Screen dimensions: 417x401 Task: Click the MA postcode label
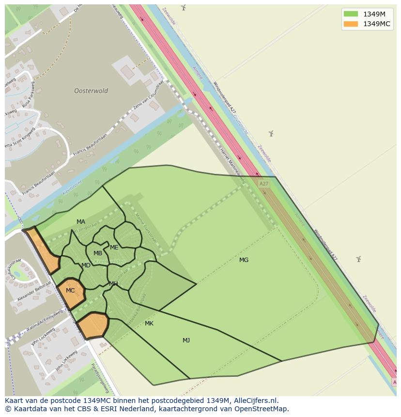click(x=80, y=222)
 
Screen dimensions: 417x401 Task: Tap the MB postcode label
click(x=98, y=253)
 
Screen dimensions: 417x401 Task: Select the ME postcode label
click(x=114, y=247)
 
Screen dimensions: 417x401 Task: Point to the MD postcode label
click(x=86, y=265)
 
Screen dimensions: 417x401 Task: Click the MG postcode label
click(x=244, y=260)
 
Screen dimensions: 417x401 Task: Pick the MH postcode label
click(x=113, y=284)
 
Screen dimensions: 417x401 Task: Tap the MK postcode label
click(x=149, y=323)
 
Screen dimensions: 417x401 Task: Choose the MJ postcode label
click(x=186, y=340)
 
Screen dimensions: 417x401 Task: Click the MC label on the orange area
click(x=70, y=291)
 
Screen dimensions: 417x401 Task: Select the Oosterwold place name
click(x=91, y=91)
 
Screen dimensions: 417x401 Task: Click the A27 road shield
click(x=263, y=184)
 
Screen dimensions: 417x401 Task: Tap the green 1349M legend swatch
click(x=351, y=14)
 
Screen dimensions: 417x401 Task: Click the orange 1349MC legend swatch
click(x=351, y=24)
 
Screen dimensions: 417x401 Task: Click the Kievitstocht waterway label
click(x=73, y=189)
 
